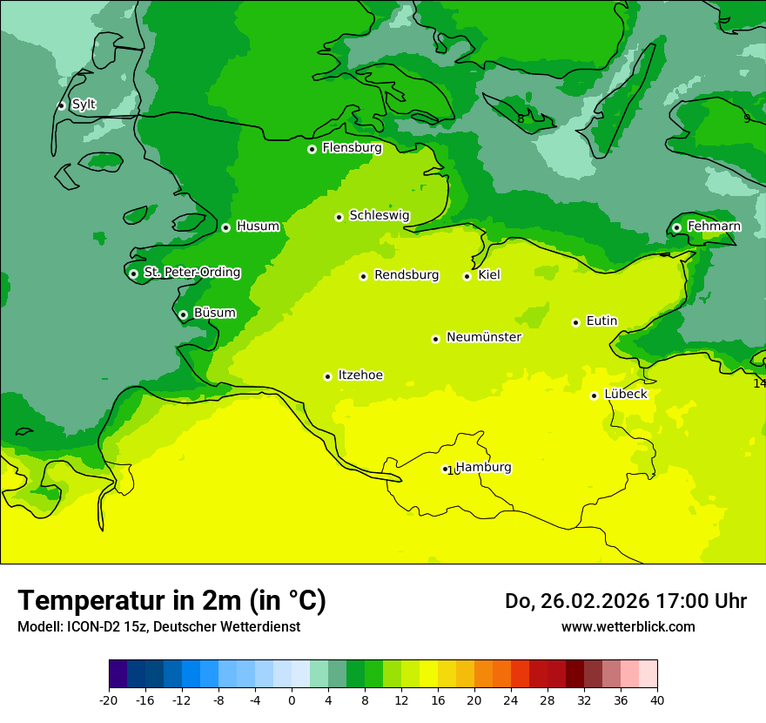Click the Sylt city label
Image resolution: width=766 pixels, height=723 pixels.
point(84,105)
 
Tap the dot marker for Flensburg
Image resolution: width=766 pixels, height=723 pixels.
point(312,149)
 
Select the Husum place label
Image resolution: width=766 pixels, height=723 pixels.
point(258,226)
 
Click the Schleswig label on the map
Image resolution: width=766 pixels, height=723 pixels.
point(379,215)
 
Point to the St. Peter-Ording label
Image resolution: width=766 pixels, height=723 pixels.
point(191,273)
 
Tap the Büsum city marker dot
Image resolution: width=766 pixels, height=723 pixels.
point(183,314)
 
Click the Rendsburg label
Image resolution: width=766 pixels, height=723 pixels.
point(406,275)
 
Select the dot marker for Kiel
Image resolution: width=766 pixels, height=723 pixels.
point(467,276)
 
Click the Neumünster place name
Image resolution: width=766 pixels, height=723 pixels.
point(483,337)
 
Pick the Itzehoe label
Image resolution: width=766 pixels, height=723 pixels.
point(360,375)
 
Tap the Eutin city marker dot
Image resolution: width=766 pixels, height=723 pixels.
point(575,322)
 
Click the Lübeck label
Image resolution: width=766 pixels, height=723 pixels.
point(625,394)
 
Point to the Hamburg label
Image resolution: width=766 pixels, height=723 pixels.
point(483,467)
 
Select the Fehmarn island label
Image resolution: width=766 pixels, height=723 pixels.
point(714,226)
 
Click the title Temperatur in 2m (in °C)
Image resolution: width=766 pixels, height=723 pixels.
point(171,600)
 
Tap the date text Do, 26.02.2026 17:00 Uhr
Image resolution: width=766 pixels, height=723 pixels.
point(625,601)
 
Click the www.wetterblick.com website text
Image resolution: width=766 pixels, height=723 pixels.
point(628,626)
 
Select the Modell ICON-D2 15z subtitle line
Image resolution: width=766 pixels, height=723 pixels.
point(158,626)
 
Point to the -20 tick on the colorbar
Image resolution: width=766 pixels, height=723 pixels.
point(109,699)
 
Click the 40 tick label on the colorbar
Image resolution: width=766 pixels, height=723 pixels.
point(656,699)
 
